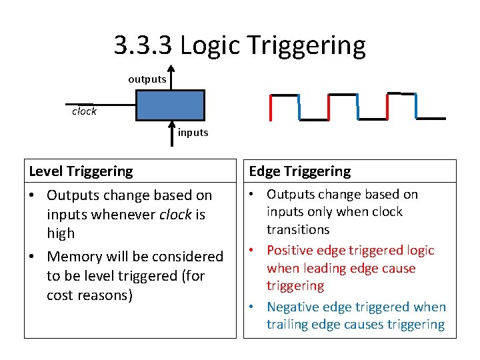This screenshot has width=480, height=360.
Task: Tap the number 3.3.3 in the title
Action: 143,45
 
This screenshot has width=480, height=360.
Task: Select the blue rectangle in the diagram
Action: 170,105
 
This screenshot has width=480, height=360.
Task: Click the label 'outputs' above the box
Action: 147,79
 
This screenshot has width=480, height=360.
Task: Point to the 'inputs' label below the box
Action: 193,133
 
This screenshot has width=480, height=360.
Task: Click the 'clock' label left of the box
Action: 85,111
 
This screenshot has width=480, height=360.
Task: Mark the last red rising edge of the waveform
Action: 387,106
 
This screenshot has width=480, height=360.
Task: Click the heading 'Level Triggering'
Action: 81,171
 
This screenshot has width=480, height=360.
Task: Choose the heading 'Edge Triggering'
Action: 299,171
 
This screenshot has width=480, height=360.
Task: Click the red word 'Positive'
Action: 291,251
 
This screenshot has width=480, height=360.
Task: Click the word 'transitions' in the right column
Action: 298,229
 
